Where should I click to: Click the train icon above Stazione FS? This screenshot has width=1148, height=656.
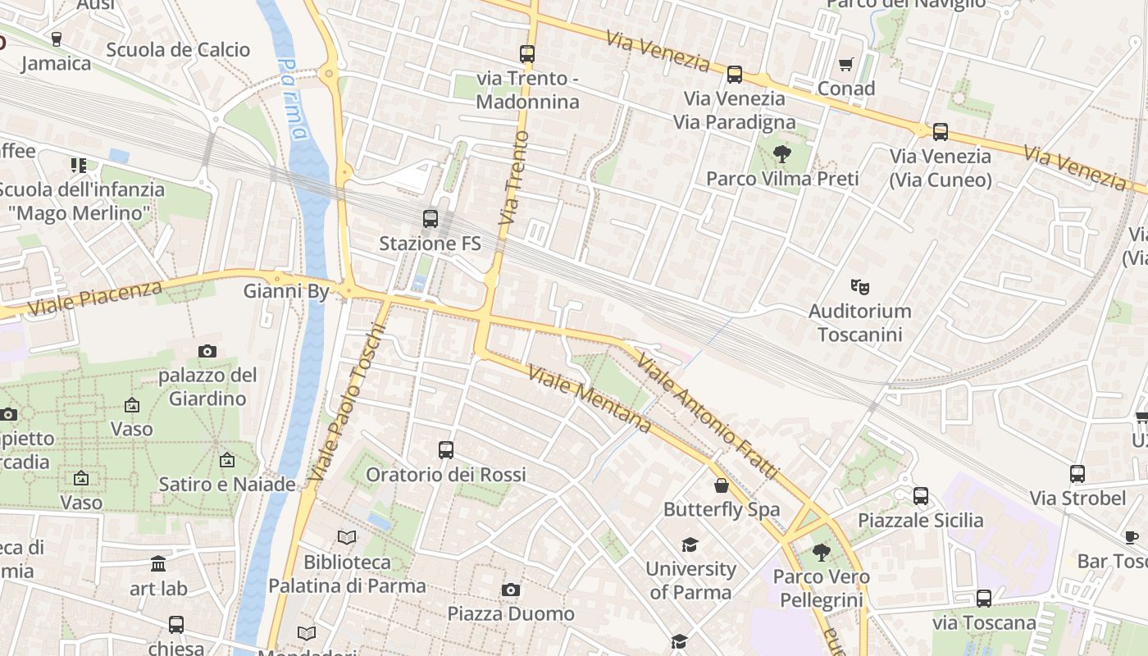[x=430, y=219]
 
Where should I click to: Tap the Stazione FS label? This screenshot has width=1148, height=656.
[x=430, y=244]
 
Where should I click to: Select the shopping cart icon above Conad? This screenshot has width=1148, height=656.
[x=845, y=64]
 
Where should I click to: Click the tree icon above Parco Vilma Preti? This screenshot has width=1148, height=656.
[x=781, y=153]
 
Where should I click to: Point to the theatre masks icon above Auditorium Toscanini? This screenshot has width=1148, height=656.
[x=859, y=286]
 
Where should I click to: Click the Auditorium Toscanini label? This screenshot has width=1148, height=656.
[x=859, y=322]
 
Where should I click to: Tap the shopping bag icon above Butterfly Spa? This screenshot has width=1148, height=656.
[x=722, y=485]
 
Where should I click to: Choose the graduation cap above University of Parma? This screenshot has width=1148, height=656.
[x=690, y=544]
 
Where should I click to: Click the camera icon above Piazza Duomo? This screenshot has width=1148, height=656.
[x=511, y=590]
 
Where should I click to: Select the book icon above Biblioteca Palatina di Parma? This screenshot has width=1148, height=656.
[x=347, y=538]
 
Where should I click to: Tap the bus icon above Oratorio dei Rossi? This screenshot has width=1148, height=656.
[x=446, y=449]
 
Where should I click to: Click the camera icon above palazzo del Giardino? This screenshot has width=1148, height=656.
[x=207, y=351]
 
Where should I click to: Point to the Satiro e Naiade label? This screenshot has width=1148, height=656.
[x=227, y=484]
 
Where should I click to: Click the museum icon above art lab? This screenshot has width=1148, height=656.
[x=158, y=564]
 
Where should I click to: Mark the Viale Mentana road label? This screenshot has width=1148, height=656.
[x=590, y=399]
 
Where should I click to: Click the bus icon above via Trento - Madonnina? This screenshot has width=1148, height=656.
[x=527, y=54]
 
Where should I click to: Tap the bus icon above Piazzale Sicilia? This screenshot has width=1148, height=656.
[x=921, y=495]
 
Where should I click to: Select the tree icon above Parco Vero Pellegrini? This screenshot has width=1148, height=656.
[x=821, y=553]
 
